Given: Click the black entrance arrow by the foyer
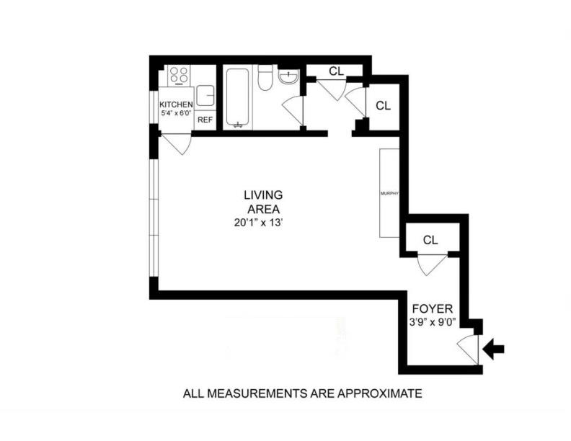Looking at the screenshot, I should pyautogui.click(x=494, y=350).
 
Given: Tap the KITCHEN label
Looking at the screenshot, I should pyautogui.click(x=176, y=104).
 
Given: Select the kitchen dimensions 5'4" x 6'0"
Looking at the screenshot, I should pyautogui.click(x=176, y=113).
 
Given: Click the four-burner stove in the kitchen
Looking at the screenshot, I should pyautogui.click(x=178, y=74).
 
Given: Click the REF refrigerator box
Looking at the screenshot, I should pyautogui.click(x=205, y=120).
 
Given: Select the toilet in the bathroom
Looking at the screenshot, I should pyautogui.click(x=265, y=77).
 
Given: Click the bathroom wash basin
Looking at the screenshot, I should pyautogui.click(x=289, y=78).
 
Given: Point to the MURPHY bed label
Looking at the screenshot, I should pyautogui.click(x=389, y=194).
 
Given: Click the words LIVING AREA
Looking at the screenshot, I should pyautogui.click(x=263, y=202).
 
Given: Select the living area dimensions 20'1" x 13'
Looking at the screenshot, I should pyautogui.click(x=263, y=223).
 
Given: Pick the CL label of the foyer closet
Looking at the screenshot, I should pyautogui.click(x=430, y=240).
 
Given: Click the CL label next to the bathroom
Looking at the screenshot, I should pyautogui.click(x=336, y=71).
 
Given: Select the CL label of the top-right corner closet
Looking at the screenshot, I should pyautogui.click(x=383, y=105).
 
